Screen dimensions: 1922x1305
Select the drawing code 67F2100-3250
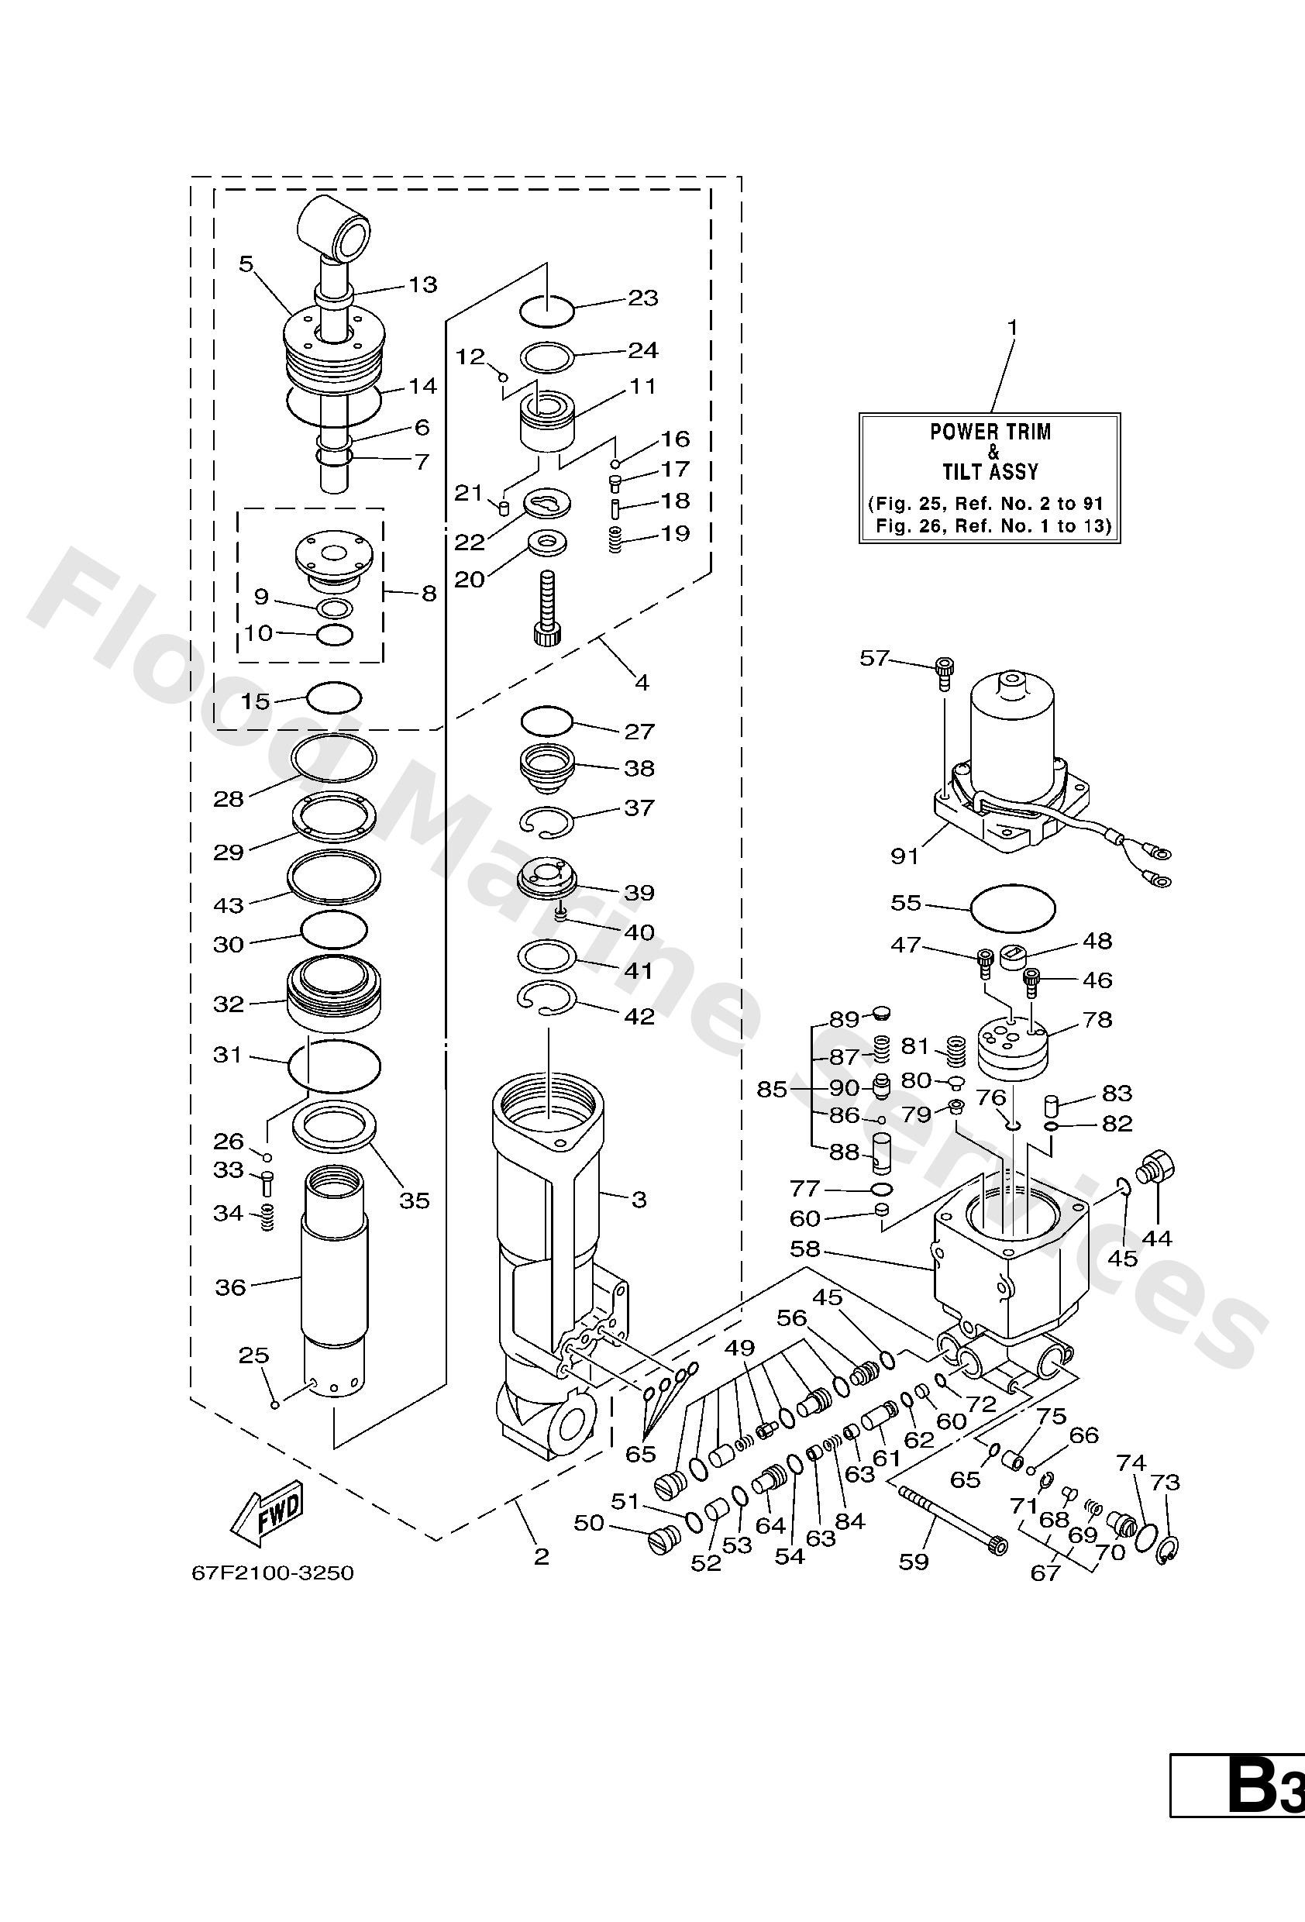tap(272, 1572)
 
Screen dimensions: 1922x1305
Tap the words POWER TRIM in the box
tap(990, 432)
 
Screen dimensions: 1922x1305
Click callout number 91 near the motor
tap(904, 856)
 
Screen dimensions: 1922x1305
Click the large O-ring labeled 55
tap(1013, 908)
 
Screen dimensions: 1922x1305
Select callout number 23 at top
tap(642, 298)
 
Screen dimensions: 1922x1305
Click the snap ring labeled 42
tap(546, 996)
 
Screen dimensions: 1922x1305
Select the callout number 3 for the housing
tap(639, 1199)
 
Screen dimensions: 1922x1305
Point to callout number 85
tap(772, 1089)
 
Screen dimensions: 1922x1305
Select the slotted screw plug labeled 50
tap(662, 1538)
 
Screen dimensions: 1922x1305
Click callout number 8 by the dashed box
tap(429, 593)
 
